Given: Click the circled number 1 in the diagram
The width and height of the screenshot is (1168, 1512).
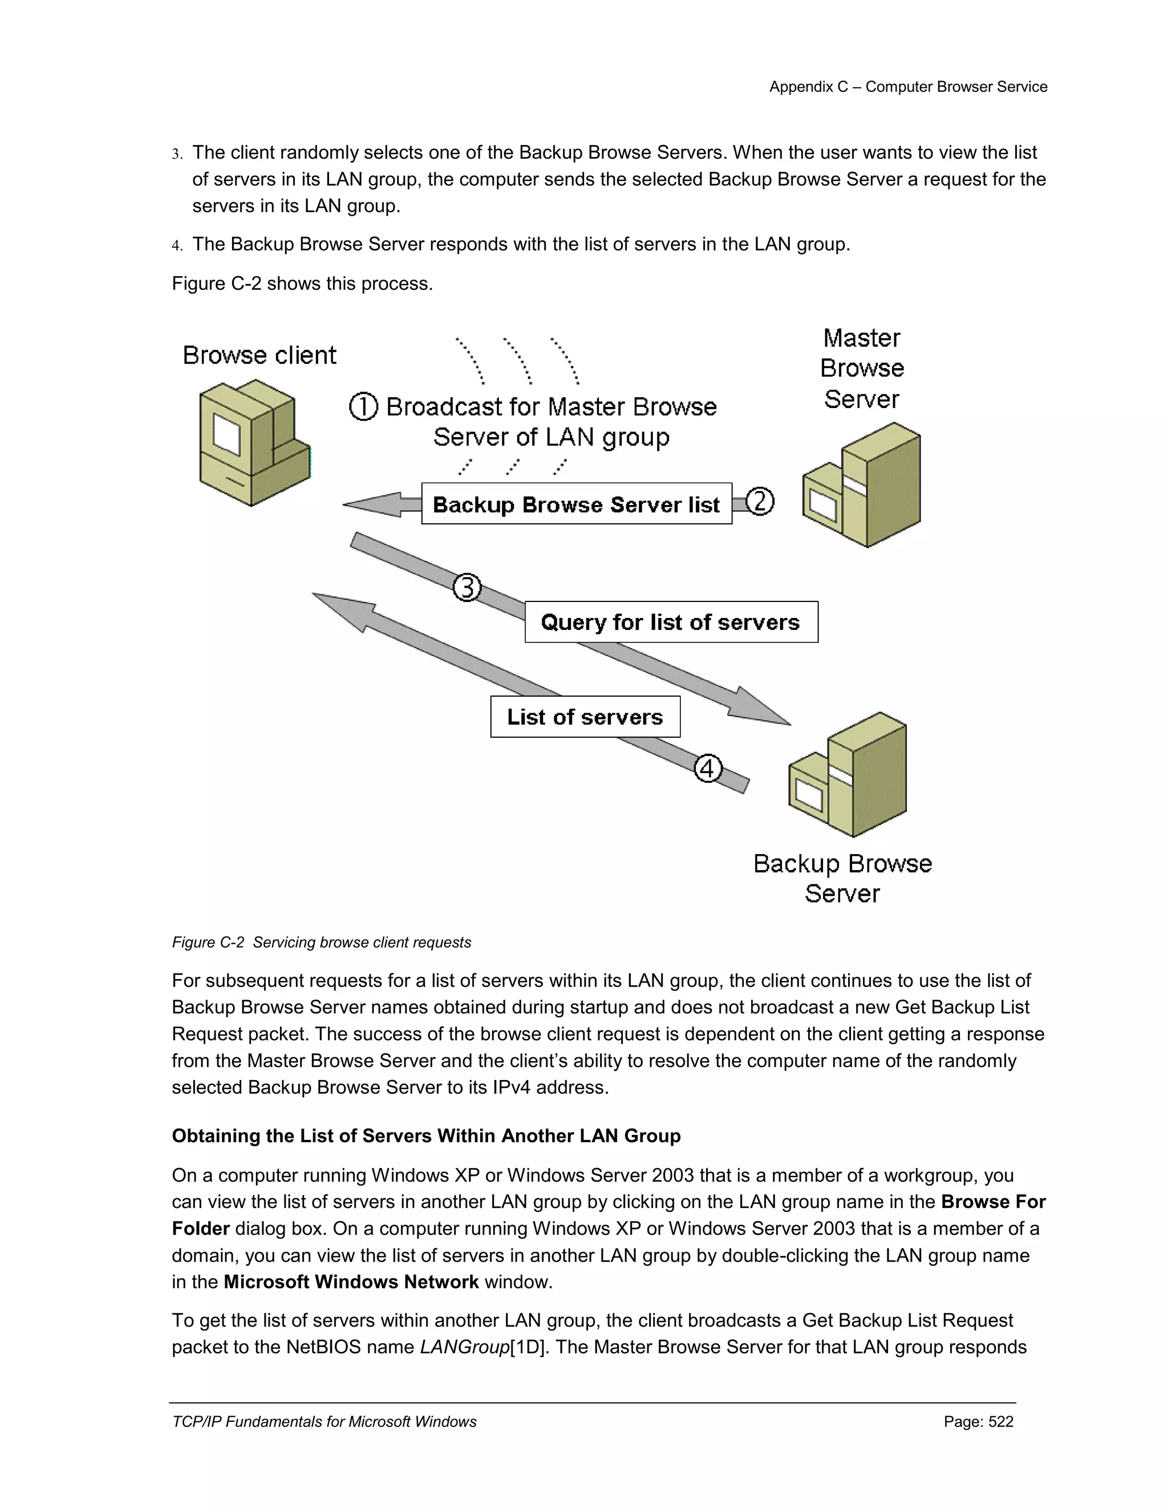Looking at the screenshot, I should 363,406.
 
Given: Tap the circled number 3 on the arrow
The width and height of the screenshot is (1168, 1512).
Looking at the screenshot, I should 467,588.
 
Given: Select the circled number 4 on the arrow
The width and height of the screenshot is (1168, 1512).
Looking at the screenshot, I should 708,769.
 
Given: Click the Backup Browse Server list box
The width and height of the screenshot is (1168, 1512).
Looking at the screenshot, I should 577,504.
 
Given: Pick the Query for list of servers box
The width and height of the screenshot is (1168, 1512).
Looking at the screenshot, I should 671,622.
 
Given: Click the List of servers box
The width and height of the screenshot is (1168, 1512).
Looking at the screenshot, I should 585,717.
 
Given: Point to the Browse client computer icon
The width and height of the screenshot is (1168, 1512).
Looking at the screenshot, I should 253,443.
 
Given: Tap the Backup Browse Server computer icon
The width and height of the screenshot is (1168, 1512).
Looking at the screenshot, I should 848,775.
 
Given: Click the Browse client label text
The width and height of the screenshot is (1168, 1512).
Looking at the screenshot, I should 259,355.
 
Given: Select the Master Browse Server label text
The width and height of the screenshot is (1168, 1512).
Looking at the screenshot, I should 862,369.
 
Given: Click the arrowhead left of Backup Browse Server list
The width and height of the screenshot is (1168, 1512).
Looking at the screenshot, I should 370,505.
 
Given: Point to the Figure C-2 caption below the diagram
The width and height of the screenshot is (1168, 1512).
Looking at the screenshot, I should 321,942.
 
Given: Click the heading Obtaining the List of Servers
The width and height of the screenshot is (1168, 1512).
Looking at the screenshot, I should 426,1136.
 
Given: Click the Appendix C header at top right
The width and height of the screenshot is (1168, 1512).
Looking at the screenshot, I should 908,87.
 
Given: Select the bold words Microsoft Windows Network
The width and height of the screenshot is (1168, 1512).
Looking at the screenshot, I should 351,1282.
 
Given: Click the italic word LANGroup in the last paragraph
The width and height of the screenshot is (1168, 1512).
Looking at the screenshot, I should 464,1347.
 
